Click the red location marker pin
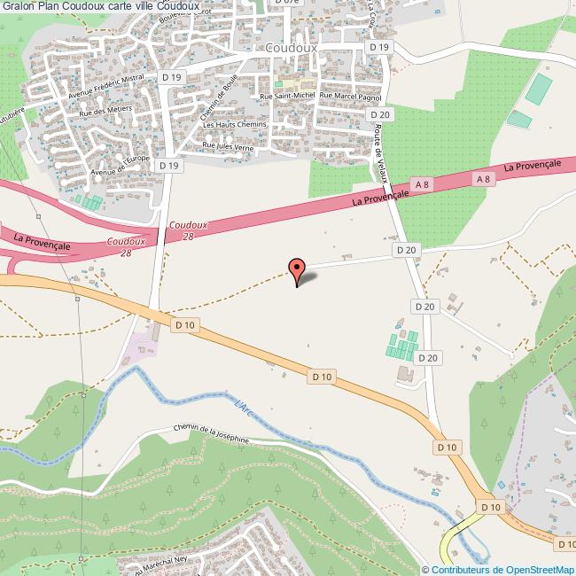(x=297, y=269)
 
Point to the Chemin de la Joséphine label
(x=212, y=433)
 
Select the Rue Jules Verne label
(x=228, y=146)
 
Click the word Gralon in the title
(x=18, y=8)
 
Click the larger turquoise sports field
(x=537, y=88)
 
